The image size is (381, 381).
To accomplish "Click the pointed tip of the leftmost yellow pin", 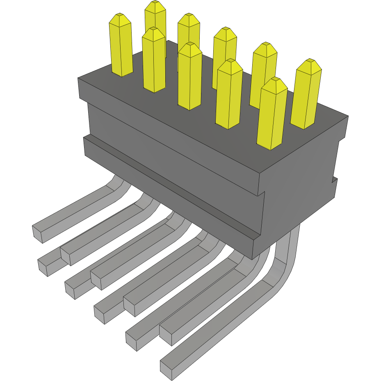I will pyautogui.click(x=120, y=16).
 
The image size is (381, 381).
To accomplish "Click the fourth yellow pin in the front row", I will pyautogui.click(x=228, y=94).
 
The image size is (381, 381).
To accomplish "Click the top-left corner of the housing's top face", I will pyautogui.click(x=79, y=78).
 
